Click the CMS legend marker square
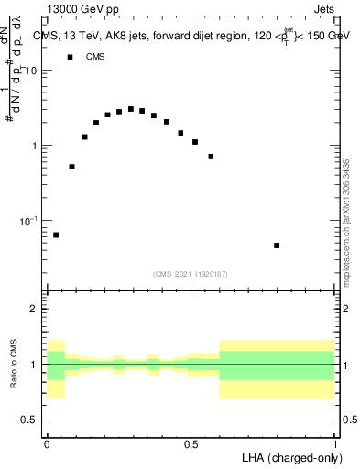[70, 57]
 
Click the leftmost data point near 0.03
[56, 234]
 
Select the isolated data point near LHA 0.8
[277, 245]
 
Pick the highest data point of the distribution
[131, 109]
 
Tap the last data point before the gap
[211, 157]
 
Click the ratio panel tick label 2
[36, 310]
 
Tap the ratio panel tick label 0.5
[30, 420]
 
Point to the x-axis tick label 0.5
[191, 443]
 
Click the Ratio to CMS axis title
[16, 365]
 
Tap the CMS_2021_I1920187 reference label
[191, 273]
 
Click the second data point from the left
[71, 167]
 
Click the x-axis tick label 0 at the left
[47, 443]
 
